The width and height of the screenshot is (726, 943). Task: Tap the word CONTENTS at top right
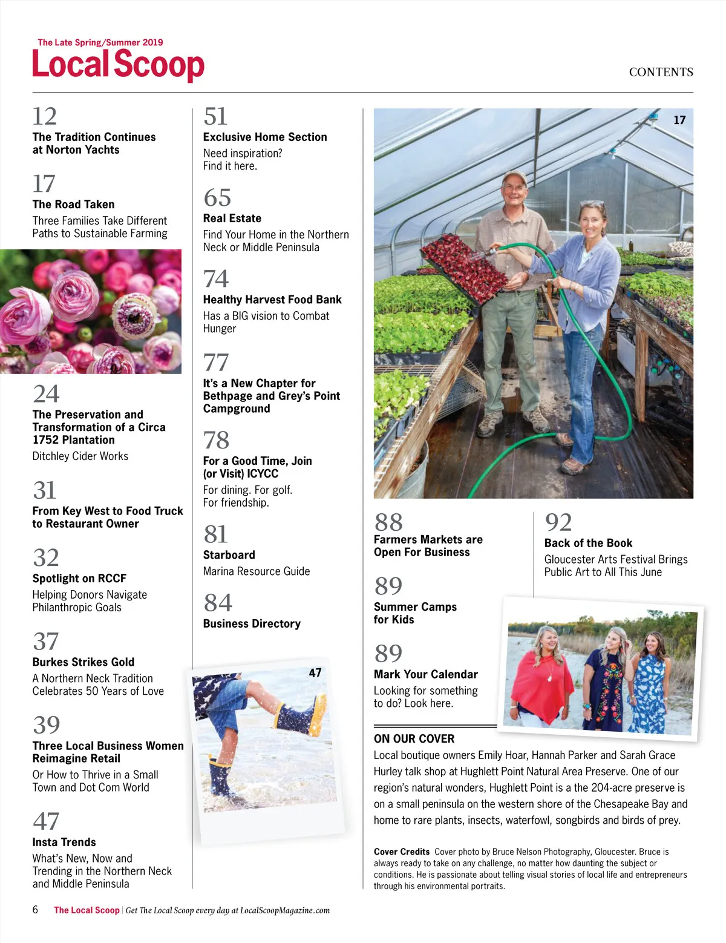pyautogui.click(x=661, y=72)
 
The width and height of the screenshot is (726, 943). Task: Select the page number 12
pyautogui.click(x=45, y=116)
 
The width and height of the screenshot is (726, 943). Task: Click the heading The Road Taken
pyautogui.click(x=73, y=205)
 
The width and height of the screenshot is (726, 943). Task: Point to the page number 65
pyautogui.click(x=217, y=198)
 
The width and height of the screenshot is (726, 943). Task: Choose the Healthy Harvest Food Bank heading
pyautogui.click(x=272, y=300)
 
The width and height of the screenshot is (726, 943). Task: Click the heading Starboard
pyautogui.click(x=229, y=555)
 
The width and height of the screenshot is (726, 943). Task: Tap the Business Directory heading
pyautogui.click(x=252, y=623)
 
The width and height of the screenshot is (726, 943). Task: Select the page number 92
pyautogui.click(x=558, y=522)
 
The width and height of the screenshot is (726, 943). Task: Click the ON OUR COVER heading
pyautogui.click(x=414, y=738)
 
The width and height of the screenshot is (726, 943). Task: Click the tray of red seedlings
pyautogui.click(x=465, y=268)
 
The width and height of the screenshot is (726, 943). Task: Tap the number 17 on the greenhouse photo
pyautogui.click(x=679, y=120)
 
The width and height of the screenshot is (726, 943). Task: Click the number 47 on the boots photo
pyautogui.click(x=315, y=672)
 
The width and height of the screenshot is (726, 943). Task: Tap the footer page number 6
pyautogui.click(x=35, y=910)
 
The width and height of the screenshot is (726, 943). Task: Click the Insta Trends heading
pyautogui.click(x=64, y=842)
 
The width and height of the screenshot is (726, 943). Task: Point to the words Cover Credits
pyautogui.click(x=402, y=852)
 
